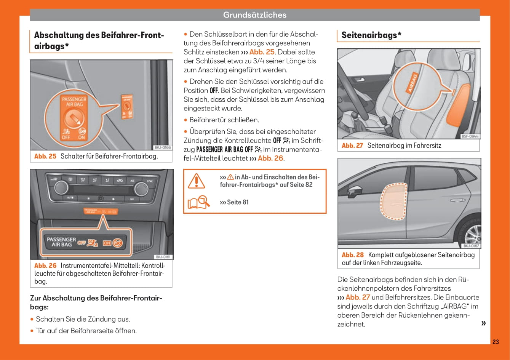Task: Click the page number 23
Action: pos(495,342)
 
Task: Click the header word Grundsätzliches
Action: pos(254,15)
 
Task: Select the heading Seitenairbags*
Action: pos(371,35)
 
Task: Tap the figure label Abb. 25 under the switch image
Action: pos(45,156)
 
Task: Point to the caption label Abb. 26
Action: pos(45,266)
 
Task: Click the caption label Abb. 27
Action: pos(352,146)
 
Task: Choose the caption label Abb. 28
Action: pos(353,255)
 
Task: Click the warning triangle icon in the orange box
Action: pos(197,181)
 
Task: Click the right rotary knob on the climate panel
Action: pos(141,189)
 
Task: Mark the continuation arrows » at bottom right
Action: pos(484,323)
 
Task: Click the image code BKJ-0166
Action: pos(162,147)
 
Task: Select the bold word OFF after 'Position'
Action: pos(214,91)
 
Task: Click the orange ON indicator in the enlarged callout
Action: pos(107,243)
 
